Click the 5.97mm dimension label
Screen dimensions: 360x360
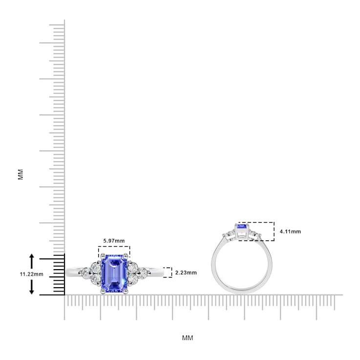114,241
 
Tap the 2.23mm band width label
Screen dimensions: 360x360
186,273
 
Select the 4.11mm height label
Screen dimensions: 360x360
290,232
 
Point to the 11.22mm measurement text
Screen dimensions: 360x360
31,274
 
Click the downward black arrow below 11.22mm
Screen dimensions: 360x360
32,287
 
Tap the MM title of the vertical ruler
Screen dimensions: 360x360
21,174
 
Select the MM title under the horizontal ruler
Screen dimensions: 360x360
188,338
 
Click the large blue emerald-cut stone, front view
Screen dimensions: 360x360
114,274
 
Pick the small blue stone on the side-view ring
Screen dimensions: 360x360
242,226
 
